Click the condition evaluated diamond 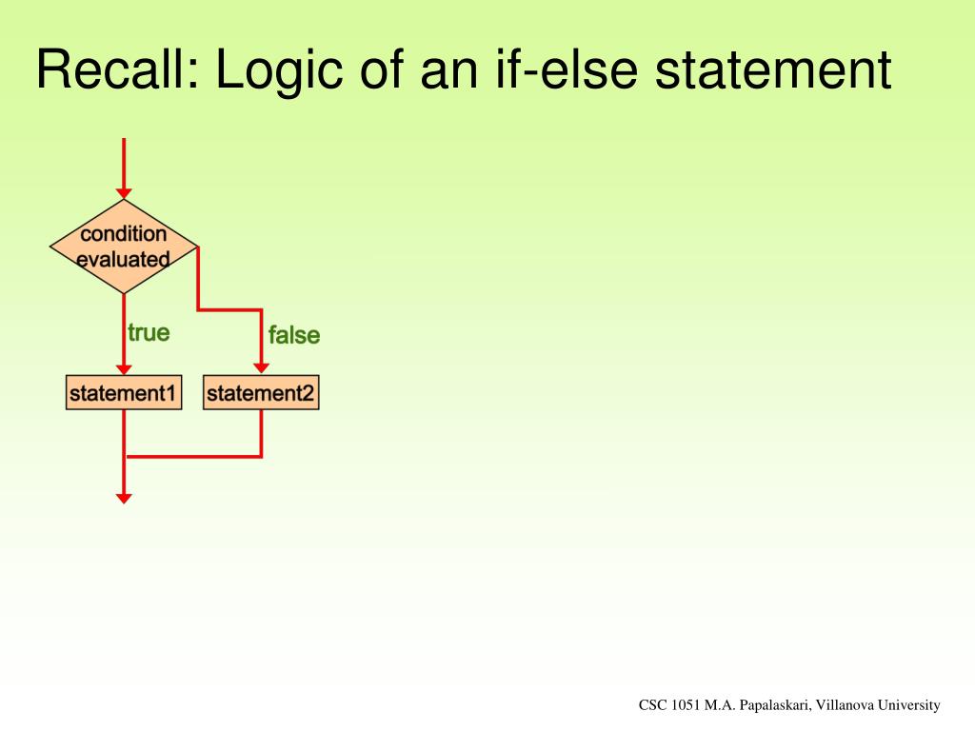tap(124, 247)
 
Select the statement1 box tap(124, 393)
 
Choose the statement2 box tap(261, 393)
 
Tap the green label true tap(149, 332)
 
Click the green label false tap(294, 335)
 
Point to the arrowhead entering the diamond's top tap(124, 193)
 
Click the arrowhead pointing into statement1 tap(124, 369)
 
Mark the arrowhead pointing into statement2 tap(261, 369)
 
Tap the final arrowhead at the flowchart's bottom tap(124, 497)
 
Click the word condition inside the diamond tap(123, 234)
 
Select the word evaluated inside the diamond tap(123, 259)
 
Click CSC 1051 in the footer tap(669, 705)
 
